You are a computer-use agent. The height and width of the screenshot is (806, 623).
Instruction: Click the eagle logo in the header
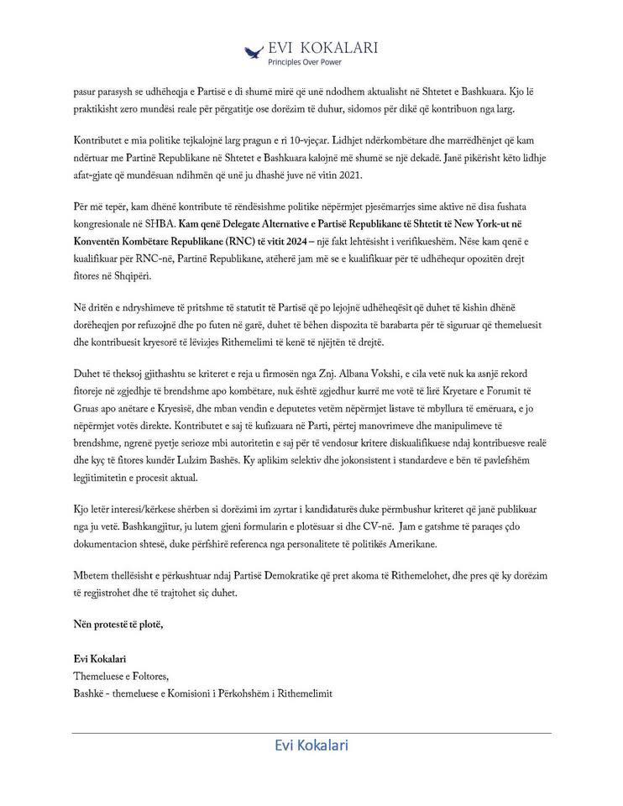(254, 52)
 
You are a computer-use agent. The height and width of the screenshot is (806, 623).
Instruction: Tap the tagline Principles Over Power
(304, 62)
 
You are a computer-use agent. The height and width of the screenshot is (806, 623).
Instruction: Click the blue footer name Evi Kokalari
(311, 745)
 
